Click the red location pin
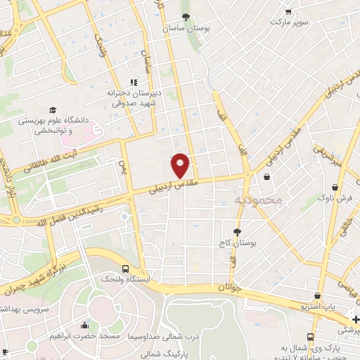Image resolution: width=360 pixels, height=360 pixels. tap(181, 165)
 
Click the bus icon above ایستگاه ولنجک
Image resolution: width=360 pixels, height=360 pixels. tap(125, 269)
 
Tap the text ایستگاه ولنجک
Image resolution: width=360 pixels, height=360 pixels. tap(122, 280)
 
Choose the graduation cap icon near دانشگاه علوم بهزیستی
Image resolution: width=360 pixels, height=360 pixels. tap(53, 110)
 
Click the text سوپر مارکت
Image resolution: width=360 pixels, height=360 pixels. tap(291, 22)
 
